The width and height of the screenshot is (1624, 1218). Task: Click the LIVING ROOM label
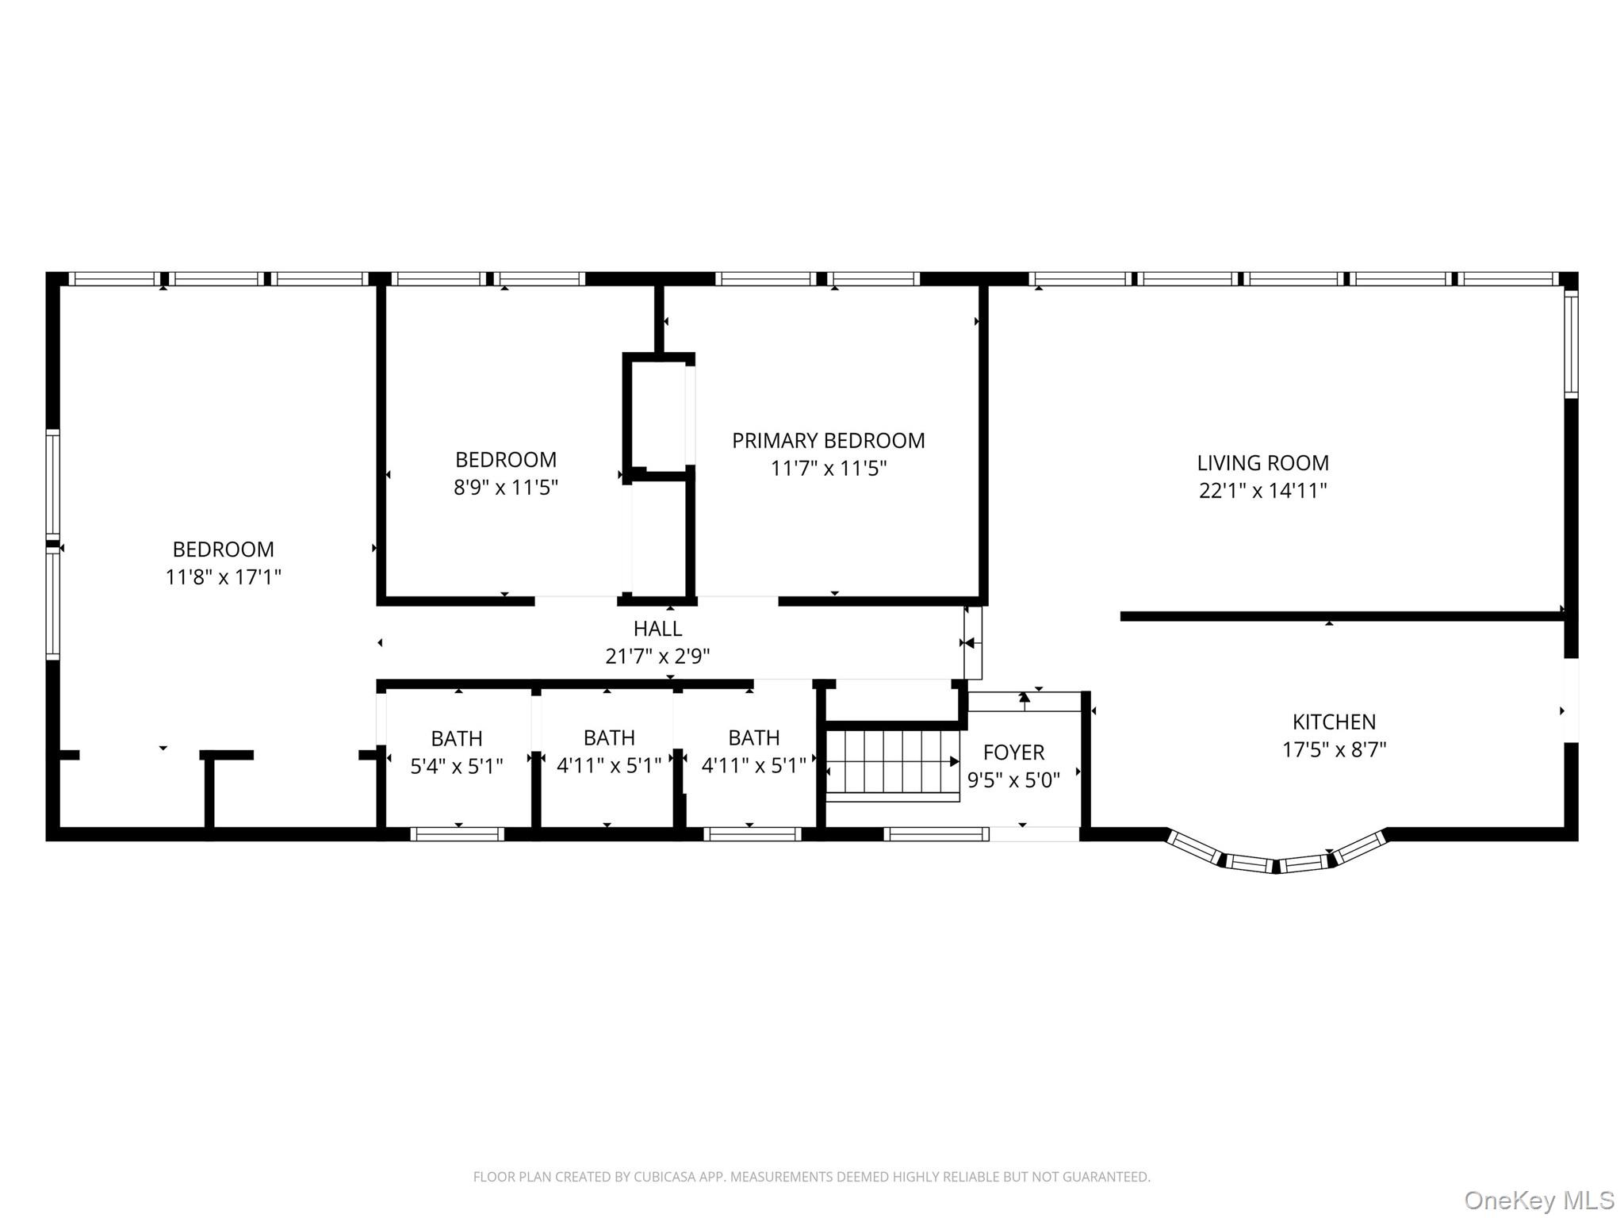1262,462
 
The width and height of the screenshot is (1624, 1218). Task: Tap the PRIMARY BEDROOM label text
828,440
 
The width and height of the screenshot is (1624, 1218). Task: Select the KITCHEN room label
1334,722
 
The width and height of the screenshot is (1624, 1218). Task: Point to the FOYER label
1013,752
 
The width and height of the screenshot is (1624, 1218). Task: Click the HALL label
657,629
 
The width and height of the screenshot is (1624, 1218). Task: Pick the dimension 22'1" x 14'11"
1262,490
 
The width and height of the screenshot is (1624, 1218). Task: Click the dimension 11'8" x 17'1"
223,576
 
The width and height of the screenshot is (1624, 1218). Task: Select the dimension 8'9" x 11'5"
505,486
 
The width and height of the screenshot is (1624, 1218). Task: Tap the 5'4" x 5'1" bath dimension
456,766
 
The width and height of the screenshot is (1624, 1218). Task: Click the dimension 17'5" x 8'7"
1334,749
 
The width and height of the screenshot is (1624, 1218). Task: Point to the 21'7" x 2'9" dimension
657,657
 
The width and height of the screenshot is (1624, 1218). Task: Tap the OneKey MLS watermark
1539,1200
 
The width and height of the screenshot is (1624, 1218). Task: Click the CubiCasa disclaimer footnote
811,1177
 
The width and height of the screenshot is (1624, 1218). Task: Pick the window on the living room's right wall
1571,343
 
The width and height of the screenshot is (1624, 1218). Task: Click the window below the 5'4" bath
457,833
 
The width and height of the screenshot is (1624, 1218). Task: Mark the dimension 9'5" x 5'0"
1013,780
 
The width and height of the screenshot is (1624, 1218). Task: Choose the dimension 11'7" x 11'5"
828,468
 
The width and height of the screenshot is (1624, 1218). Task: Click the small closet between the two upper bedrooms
658,415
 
